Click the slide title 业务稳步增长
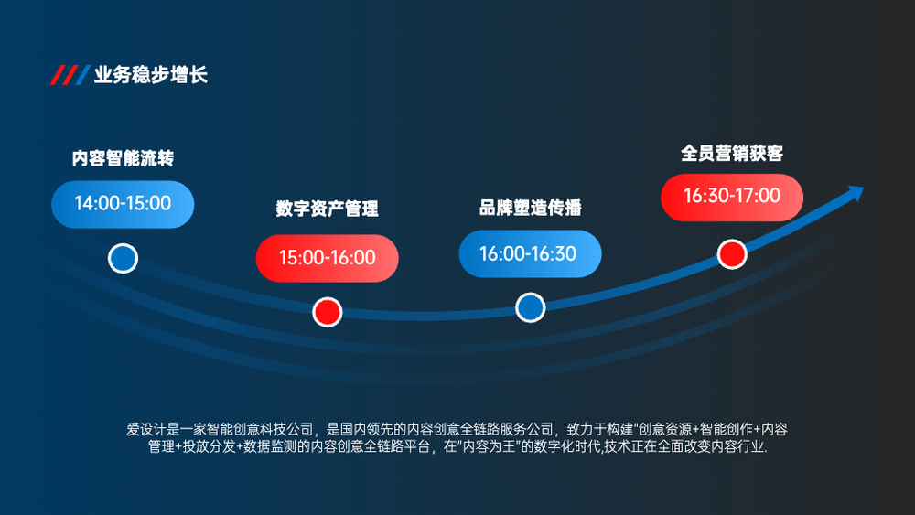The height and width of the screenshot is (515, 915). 151,75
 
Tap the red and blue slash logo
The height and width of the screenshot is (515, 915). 70,75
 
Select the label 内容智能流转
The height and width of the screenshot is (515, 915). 123,158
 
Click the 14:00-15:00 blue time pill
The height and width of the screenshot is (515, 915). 123,204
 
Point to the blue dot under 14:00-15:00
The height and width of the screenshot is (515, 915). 123,258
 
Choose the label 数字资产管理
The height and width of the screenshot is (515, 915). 327,209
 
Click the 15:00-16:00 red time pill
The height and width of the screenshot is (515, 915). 327,258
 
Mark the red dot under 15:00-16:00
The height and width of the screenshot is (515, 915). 327,312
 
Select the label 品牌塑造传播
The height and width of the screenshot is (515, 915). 530,207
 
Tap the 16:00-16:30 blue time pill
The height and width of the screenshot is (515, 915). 530,253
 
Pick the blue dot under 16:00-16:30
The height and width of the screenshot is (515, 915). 530,307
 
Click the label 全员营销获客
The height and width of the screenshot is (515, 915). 732,154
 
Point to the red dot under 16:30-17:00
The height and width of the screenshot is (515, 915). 732,254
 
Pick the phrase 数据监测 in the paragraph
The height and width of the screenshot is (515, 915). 270,446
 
